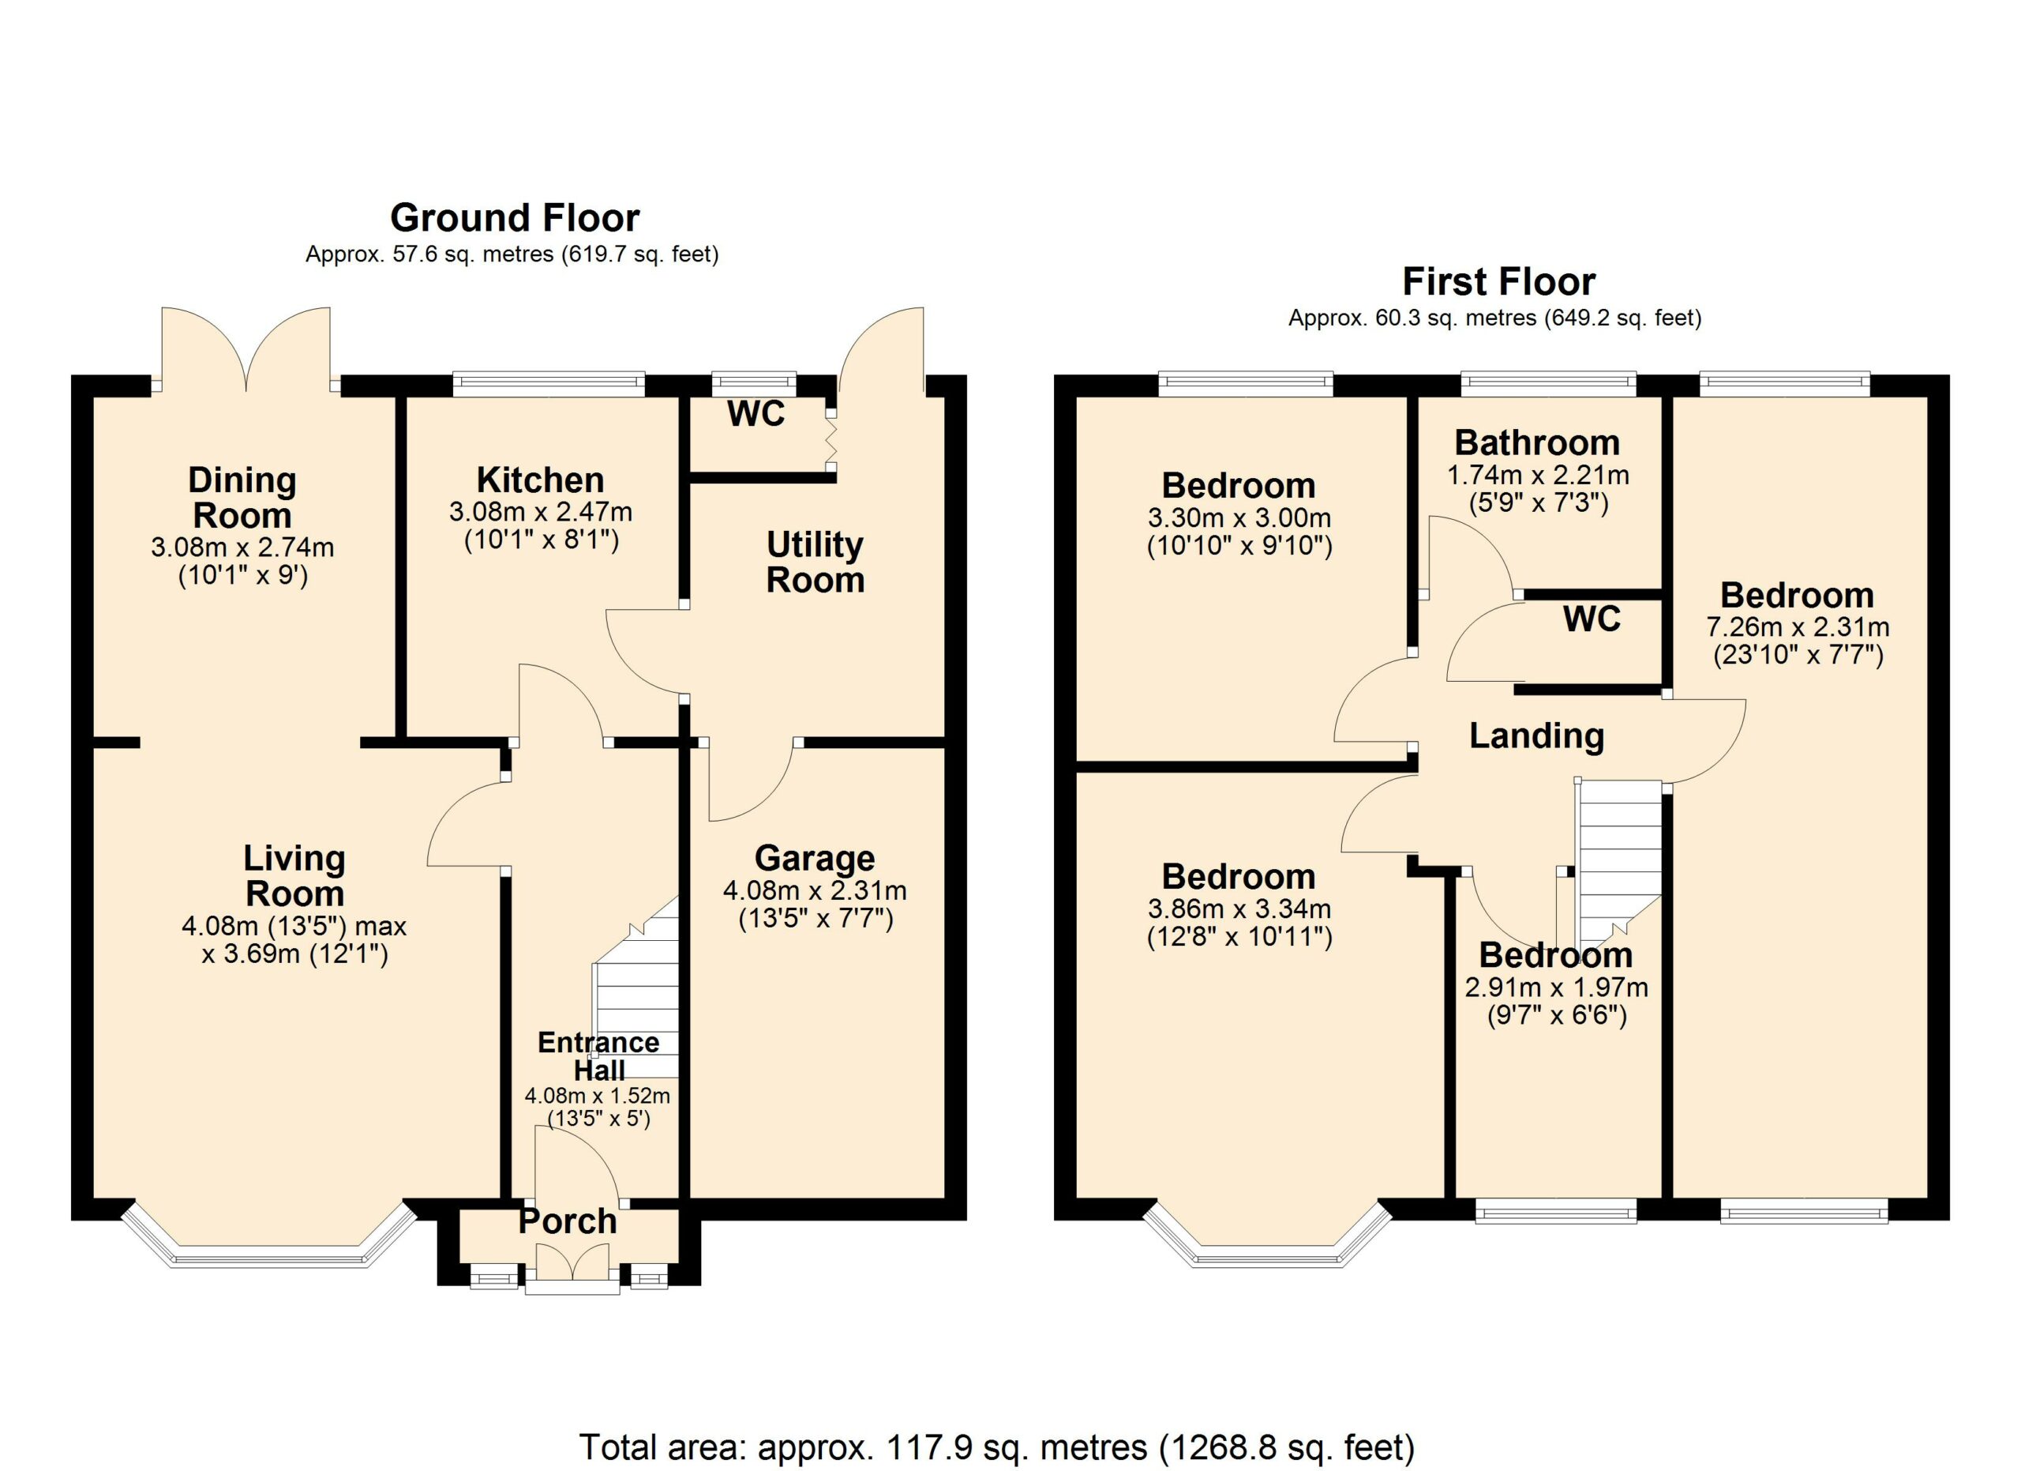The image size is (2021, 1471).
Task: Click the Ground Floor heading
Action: click(514, 218)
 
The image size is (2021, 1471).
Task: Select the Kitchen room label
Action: click(540, 480)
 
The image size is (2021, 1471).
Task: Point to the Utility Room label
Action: click(815, 562)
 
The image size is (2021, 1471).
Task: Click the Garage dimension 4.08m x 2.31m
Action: click(815, 890)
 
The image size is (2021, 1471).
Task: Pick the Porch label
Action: click(568, 1221)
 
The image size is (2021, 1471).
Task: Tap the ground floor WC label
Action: click(756, 414)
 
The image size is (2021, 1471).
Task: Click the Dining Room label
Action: click(242, 498)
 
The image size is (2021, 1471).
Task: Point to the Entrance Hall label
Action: click(599, 1056)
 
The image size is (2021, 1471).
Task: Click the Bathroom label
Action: click(1537, 443)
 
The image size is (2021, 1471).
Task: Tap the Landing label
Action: click(1536, 736)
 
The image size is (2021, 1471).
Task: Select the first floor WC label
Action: click(1592, 619)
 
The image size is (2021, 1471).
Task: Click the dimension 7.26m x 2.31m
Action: click(1798, 626)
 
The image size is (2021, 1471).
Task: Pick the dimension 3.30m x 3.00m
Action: click(1239, 518)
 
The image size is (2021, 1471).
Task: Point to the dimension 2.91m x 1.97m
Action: click(1556, 988)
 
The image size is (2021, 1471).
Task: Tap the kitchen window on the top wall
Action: click(548, 384)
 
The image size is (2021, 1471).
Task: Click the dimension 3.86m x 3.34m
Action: click(1239, 909)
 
